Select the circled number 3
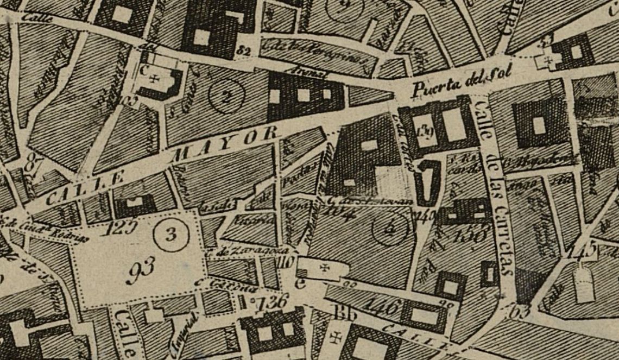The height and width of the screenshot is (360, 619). coord(170,235)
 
